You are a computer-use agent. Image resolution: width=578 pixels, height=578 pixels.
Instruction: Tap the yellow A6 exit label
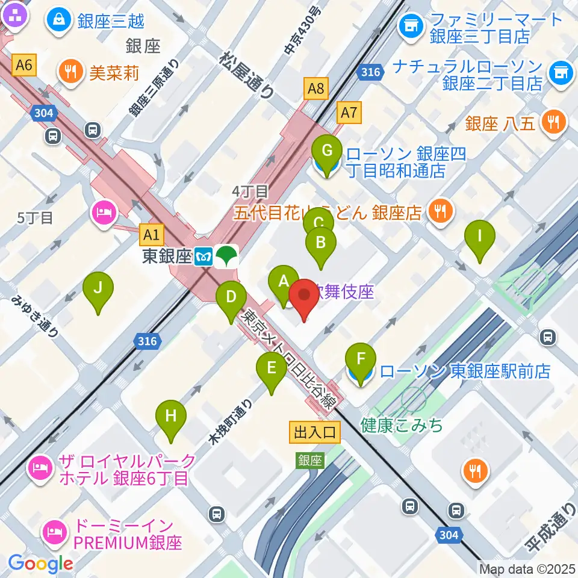point(24,65)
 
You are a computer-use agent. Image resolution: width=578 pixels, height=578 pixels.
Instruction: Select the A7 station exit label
point(350,112)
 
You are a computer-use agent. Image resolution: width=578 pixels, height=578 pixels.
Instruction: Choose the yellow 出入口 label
point(315,431)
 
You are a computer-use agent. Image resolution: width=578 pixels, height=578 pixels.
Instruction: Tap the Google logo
point(40,564)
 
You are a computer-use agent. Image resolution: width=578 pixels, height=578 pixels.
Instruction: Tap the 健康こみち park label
point(402,425)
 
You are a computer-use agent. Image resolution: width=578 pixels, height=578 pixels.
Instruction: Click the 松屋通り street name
point(247,74)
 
